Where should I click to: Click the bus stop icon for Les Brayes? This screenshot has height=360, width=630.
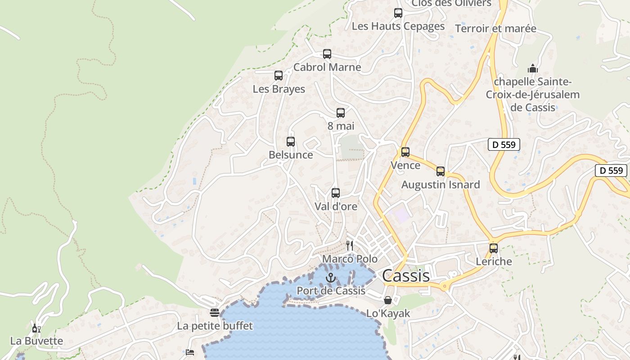tap(279, 76)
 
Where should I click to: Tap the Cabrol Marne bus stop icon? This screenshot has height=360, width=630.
tap(327, 54)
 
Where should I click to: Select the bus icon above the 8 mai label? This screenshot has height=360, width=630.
tap(341, 113)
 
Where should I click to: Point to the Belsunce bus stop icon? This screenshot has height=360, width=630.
tap(291, 142)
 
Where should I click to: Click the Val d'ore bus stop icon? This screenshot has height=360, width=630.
tap(336, 193)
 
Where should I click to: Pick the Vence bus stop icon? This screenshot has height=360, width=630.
tap(405, 152)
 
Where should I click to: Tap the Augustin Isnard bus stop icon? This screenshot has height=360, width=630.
tap(441, 171)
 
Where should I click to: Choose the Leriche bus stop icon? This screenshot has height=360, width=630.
tap(494, 248)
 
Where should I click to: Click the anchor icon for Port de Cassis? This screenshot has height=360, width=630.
tap(331, 278)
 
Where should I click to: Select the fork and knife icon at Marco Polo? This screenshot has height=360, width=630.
tap(350, 246)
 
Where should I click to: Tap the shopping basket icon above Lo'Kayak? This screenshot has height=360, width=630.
tap(388, 300)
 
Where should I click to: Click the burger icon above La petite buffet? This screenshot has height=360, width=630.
tap(215, 313)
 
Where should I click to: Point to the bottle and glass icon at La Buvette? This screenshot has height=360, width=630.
tap(36, 328)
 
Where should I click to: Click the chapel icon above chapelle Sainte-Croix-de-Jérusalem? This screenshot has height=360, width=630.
tap(533, 69)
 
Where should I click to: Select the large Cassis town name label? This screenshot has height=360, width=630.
tap(406, 275)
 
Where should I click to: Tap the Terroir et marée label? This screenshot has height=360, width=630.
tap(495, 29)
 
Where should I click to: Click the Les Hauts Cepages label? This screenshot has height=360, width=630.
tap(398, 26)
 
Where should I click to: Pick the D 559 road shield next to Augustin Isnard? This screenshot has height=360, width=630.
tap(504, 144)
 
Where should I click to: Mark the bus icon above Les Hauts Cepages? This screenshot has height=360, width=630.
tap(398, 13)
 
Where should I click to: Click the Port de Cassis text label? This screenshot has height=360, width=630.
tap(331, 291)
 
